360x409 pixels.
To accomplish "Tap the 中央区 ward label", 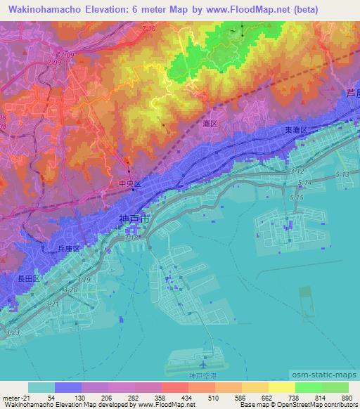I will click(x=129, y=184).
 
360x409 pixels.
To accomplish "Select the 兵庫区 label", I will click(x=70, y=249).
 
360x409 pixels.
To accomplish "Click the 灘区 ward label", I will click(x=210, y=123).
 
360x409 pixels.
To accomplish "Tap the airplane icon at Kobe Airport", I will click(x=204, y=365).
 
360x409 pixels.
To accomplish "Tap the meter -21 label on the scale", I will click(x=16, y=397).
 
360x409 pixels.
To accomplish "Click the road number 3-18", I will click(x=132, y=239).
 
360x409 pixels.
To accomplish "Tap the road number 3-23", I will click(x=12, y=332).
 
